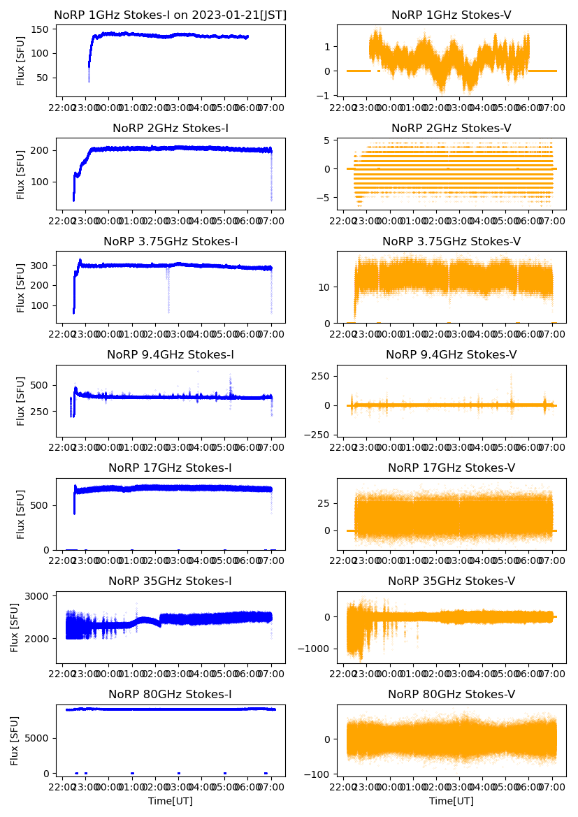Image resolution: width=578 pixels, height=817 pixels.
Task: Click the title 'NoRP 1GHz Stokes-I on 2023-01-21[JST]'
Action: tap(171, 15)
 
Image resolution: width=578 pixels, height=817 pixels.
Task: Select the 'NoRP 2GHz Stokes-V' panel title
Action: tap(451, 128)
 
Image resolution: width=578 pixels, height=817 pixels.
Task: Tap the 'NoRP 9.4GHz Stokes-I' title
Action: tap(171, 354)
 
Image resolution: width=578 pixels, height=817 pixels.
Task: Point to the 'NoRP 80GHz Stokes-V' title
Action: tap(451, 694)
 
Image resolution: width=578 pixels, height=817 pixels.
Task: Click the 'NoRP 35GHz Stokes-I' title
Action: tap(171, 581)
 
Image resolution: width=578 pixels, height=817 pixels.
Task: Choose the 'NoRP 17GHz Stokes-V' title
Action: tap(451, 468)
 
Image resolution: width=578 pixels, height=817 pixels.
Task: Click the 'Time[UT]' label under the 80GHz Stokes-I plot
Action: tap(171, 800)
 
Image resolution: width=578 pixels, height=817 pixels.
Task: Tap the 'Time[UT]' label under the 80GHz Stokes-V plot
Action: tap(451, 800)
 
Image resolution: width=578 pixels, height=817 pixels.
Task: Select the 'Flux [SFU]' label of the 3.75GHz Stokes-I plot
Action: tap(21, 287)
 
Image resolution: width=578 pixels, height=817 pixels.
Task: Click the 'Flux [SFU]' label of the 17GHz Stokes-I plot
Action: tap(21, 514)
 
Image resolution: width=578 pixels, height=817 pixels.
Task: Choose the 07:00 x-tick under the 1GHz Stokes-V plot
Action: tap(552, 108)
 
